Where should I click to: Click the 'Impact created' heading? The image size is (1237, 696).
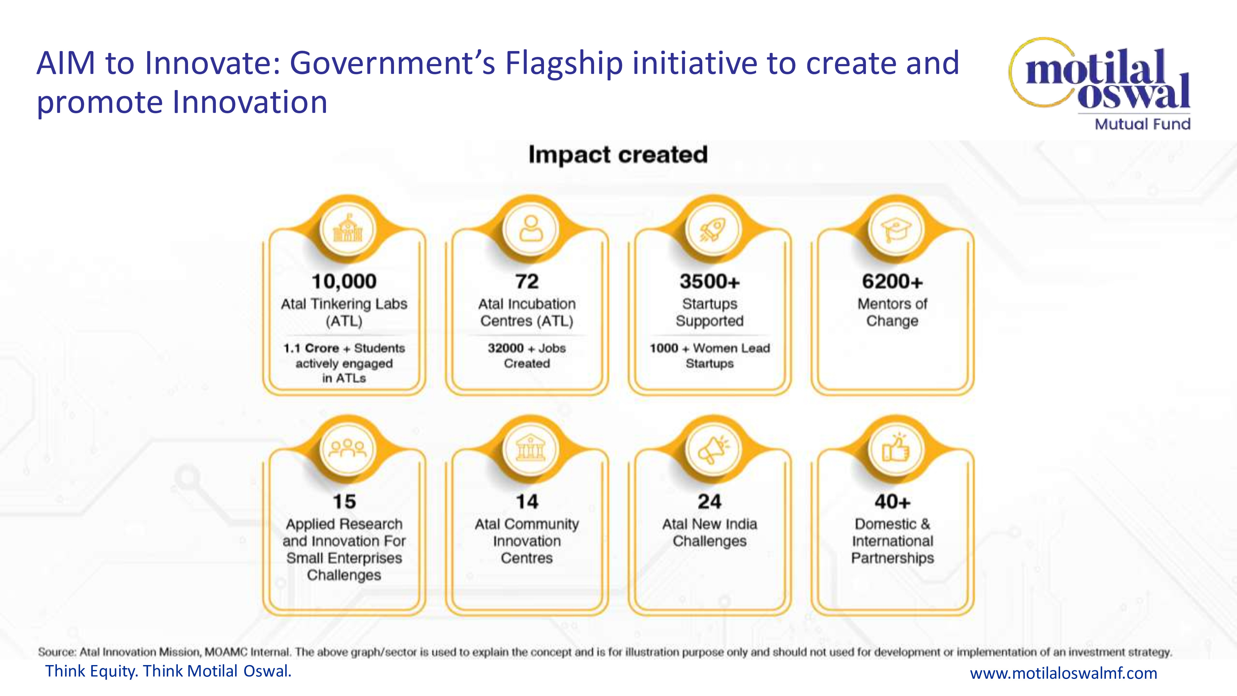point(618,155)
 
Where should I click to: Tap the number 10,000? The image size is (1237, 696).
point(344,281)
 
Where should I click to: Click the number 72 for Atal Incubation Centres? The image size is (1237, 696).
point(527,281)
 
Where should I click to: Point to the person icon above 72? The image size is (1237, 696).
point(531,228)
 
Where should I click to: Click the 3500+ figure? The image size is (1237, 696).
point(710,281)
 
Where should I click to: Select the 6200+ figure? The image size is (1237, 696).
point(892,281)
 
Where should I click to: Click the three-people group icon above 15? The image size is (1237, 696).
point(348,448)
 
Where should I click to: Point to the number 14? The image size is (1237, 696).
point(527,502)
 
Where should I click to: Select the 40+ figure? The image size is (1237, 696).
point(892,502)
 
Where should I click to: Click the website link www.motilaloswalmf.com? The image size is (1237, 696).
point(1064,673)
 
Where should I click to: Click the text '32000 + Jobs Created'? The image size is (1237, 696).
point(527,355)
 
